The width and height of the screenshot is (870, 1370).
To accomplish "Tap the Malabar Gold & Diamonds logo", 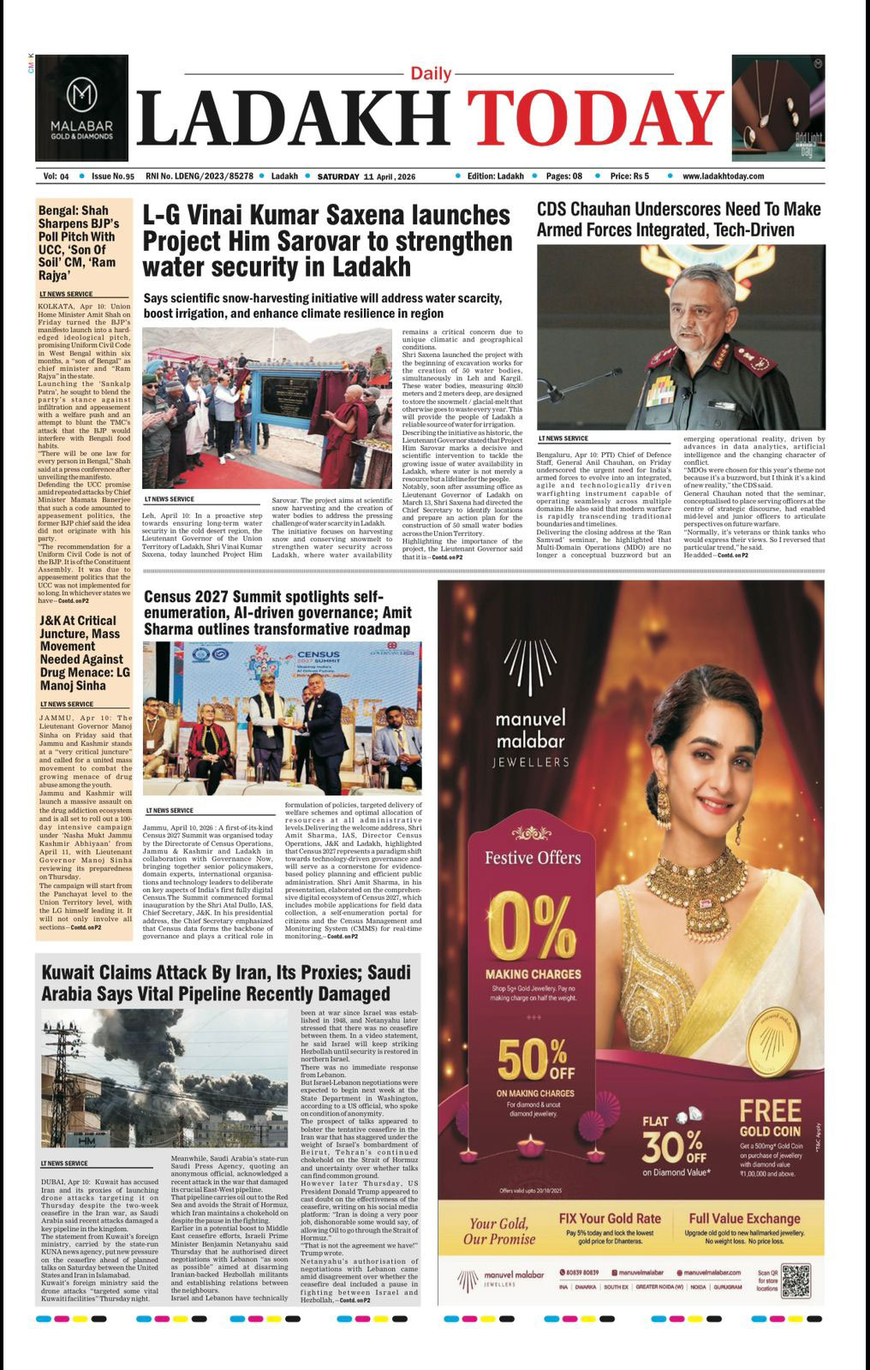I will [x=81, y=108].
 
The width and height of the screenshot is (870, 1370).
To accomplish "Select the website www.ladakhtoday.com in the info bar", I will [x=723, y=176].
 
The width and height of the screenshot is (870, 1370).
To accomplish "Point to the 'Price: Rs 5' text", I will [x=629, y=176].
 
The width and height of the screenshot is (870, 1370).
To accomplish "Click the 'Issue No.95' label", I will [x=112, y=176].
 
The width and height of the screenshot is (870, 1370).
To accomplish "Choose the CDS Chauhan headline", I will [x=678, y=219].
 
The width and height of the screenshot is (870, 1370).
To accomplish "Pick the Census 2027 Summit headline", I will [x=277, y=612].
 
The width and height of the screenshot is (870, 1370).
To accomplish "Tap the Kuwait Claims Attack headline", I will [x=226, y=983].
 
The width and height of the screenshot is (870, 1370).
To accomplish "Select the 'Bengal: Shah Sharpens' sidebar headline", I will [x=79, y=242].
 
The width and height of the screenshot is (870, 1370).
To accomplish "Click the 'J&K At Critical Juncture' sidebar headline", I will [x=81, y=652].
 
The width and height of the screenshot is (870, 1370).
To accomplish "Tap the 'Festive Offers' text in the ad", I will [x=533, y=858].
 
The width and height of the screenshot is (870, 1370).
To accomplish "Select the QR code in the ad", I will [x=795, y=1279].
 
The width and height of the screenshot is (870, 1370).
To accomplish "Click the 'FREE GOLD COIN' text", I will [x=770, y=1118].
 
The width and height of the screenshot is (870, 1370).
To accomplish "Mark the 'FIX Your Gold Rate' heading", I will [x=609, y=1218].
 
